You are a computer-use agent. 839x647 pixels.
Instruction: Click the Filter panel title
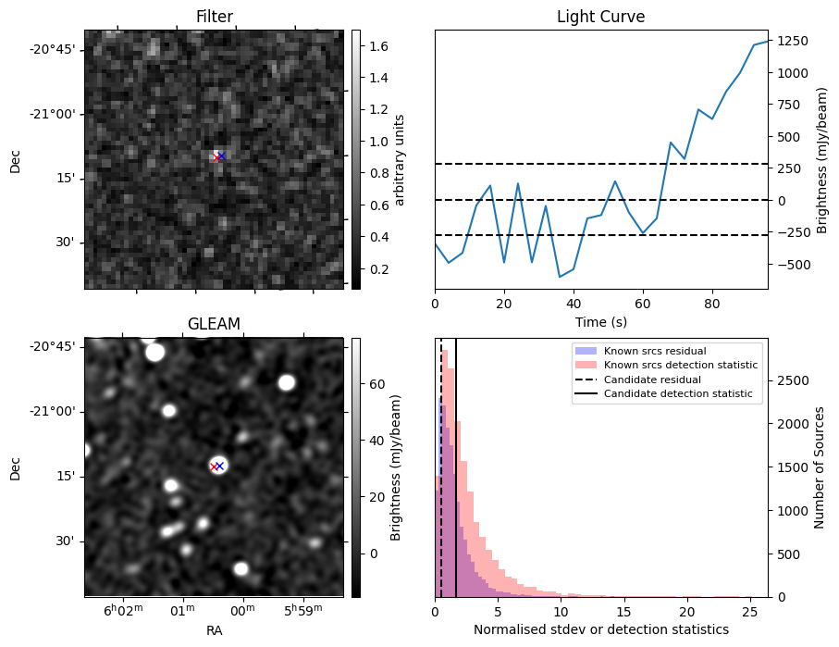[214, 17]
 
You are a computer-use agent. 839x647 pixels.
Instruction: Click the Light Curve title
[600, 17]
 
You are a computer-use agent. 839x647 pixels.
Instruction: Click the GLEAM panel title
[214, 324]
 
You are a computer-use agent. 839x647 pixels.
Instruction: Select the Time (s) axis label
[600, 321]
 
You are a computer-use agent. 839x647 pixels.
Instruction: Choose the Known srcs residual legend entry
[655, 352]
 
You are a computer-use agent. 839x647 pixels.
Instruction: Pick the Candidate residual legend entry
[652, 380]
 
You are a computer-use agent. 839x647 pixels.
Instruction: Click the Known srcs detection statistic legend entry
[681, 366]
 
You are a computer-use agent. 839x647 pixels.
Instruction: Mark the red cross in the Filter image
[216, 157]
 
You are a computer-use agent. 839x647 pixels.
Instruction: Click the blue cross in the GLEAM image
[220, 466]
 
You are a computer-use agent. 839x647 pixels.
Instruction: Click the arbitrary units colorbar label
[401, 159]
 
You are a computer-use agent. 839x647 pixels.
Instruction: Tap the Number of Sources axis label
[819, 467]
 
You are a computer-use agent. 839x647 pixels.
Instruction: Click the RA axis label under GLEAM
[214, 630]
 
